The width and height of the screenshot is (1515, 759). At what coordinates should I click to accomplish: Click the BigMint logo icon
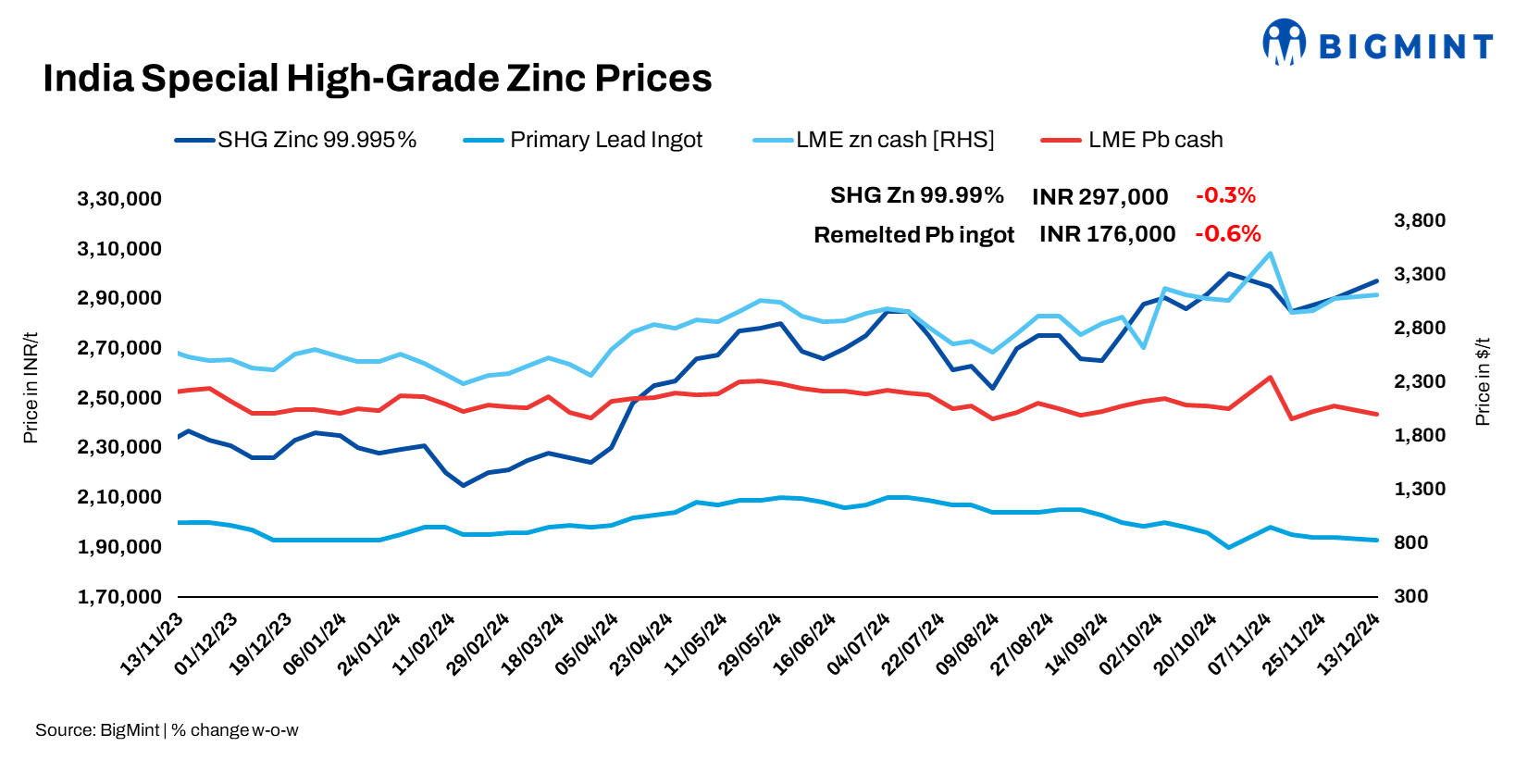click(1284, 43)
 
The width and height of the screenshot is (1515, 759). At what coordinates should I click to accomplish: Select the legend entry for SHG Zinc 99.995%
click(296, 140)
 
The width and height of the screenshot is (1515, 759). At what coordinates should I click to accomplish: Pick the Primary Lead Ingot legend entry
click(583, 140)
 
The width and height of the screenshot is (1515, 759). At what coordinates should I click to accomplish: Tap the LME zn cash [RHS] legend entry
click(874, 140)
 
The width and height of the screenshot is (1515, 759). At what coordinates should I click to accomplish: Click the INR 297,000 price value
click(1099, 197)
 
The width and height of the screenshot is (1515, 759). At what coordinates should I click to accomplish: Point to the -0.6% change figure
click(1227, 234)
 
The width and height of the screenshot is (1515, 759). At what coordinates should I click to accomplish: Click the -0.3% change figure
click(1225, 195)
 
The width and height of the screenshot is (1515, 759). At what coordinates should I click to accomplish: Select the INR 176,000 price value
click(1107, 234)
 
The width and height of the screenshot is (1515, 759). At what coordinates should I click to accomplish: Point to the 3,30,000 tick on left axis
click(119, 199)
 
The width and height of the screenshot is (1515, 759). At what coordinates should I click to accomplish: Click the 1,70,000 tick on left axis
click(119, 597)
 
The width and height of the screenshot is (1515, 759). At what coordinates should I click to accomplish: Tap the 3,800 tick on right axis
click(1419, 220)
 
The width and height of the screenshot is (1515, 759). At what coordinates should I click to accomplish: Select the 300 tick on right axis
click(1410, 596)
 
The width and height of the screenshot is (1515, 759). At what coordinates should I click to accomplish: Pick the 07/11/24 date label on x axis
click(1240, 644)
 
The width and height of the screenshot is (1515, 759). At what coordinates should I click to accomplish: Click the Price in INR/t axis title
click(31, 388)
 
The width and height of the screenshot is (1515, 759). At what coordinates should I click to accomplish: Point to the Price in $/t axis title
click(1483, 381)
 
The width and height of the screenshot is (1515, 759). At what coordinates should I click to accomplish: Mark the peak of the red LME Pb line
click(1270, 378)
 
